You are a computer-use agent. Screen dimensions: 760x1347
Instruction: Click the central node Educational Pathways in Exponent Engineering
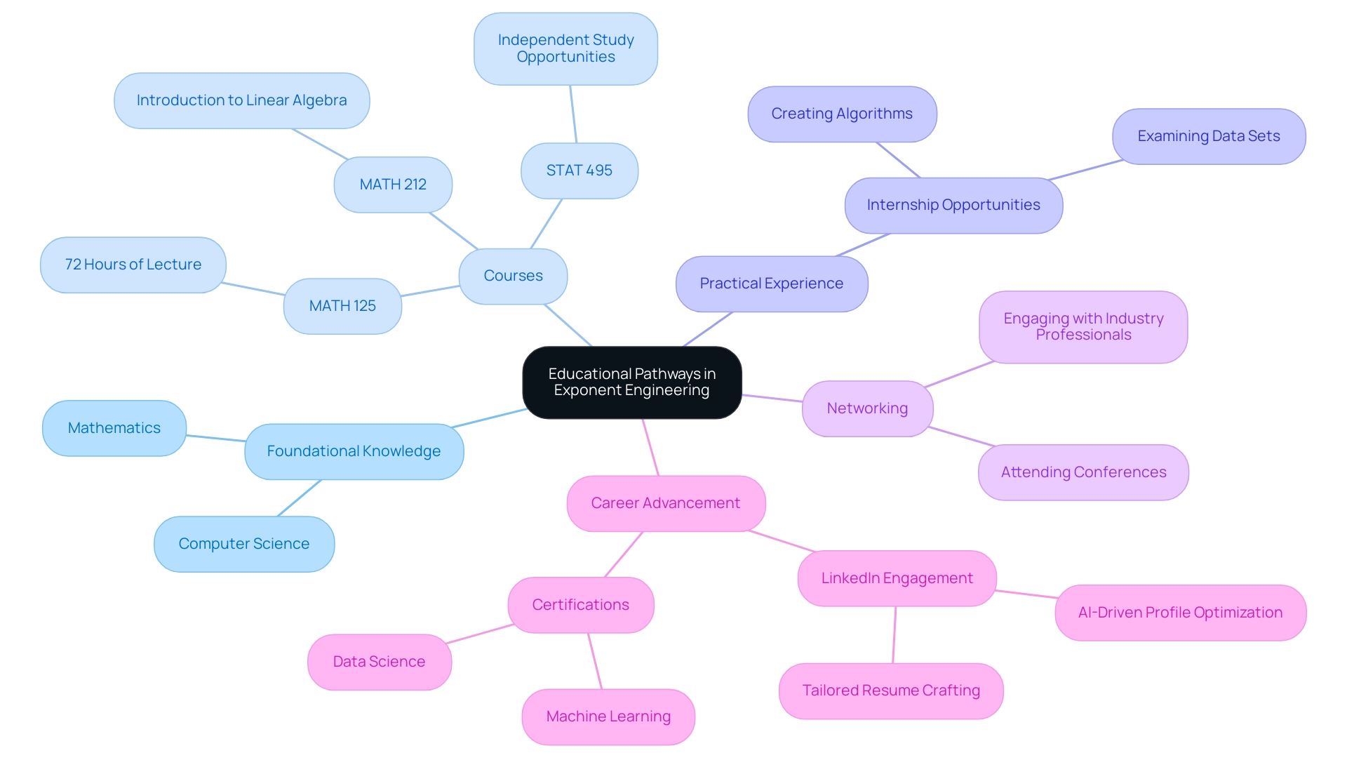[631, 382]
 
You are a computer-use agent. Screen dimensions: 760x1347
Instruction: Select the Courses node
[513, 276]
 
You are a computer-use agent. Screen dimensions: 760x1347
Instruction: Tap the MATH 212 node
[393, 185]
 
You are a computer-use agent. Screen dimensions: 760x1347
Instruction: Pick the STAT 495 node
[579, 171]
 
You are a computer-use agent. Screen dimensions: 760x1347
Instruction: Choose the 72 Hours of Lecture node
[133, 265]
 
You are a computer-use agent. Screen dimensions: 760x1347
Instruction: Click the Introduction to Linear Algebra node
[241, 100]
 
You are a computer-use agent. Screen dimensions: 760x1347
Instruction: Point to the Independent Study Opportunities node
[565, 48]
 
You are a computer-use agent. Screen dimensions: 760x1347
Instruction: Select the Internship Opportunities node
[953, 205]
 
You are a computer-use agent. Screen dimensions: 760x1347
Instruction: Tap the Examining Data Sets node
[1208, 136]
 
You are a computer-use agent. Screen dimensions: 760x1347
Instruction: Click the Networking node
[867, 408]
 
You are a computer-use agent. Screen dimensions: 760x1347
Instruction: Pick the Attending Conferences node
[1083, 472]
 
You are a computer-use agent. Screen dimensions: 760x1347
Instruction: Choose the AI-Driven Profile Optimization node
[1180, 613]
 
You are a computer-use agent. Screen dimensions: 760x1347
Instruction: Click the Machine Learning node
[608, 716]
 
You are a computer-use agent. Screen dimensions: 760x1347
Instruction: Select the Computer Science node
[243, 544]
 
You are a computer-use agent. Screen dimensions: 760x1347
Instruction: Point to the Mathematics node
[114, 428]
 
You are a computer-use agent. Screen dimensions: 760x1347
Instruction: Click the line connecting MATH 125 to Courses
[430, 291]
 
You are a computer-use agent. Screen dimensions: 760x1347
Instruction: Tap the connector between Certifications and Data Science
[479, 634]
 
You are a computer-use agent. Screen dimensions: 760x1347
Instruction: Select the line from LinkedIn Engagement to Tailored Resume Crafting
[894, 635]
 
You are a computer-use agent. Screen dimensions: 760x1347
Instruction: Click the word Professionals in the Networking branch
[1083, 335]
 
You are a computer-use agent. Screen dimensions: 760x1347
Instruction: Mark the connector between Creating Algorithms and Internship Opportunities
[898, 160]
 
